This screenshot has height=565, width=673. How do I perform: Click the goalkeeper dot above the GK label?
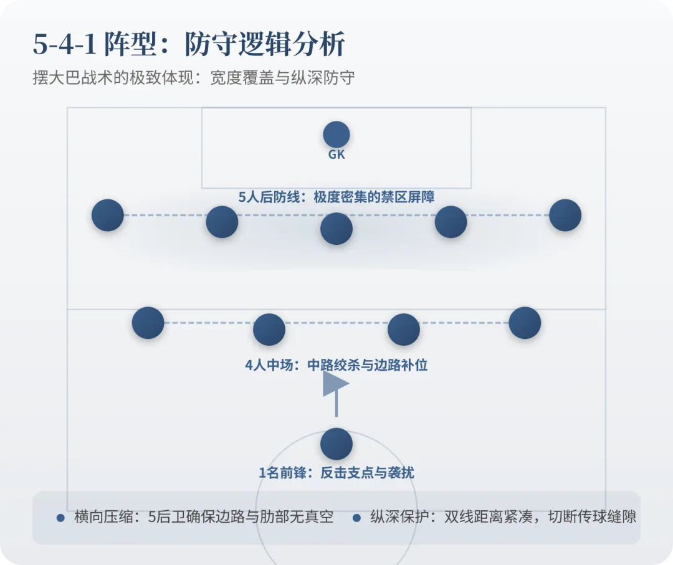coord(336,135)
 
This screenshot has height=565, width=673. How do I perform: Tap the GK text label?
coord(336,154)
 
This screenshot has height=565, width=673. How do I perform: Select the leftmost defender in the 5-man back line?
coord(108,216)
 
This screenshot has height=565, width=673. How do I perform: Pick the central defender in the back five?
coord(336,229)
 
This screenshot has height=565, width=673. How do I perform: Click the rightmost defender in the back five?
coord(565,216)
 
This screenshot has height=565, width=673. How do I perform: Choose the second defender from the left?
coord(222,222)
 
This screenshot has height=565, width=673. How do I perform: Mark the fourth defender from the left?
coord(451,222)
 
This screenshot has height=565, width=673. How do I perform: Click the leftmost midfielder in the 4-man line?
coord(148,323)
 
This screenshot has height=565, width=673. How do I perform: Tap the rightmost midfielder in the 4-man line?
coord(525,323)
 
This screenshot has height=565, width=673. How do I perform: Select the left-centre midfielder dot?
coord(269,330)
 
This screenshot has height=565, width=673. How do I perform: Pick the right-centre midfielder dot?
coord(404,330)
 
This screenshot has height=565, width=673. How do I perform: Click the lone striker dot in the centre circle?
coord(336,444)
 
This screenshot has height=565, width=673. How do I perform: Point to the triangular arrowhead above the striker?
coord(334,384)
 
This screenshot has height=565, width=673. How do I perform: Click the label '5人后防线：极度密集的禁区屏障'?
coord(336,197)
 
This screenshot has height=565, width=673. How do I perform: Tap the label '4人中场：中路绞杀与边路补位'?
coord(336,365)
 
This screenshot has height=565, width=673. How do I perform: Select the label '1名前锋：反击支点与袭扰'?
coord(336,473)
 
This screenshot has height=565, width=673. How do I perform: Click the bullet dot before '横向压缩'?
coord(60,518)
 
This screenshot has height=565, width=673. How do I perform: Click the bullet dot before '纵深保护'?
coord(357,518)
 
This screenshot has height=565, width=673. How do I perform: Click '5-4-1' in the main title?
coord(65,45)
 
